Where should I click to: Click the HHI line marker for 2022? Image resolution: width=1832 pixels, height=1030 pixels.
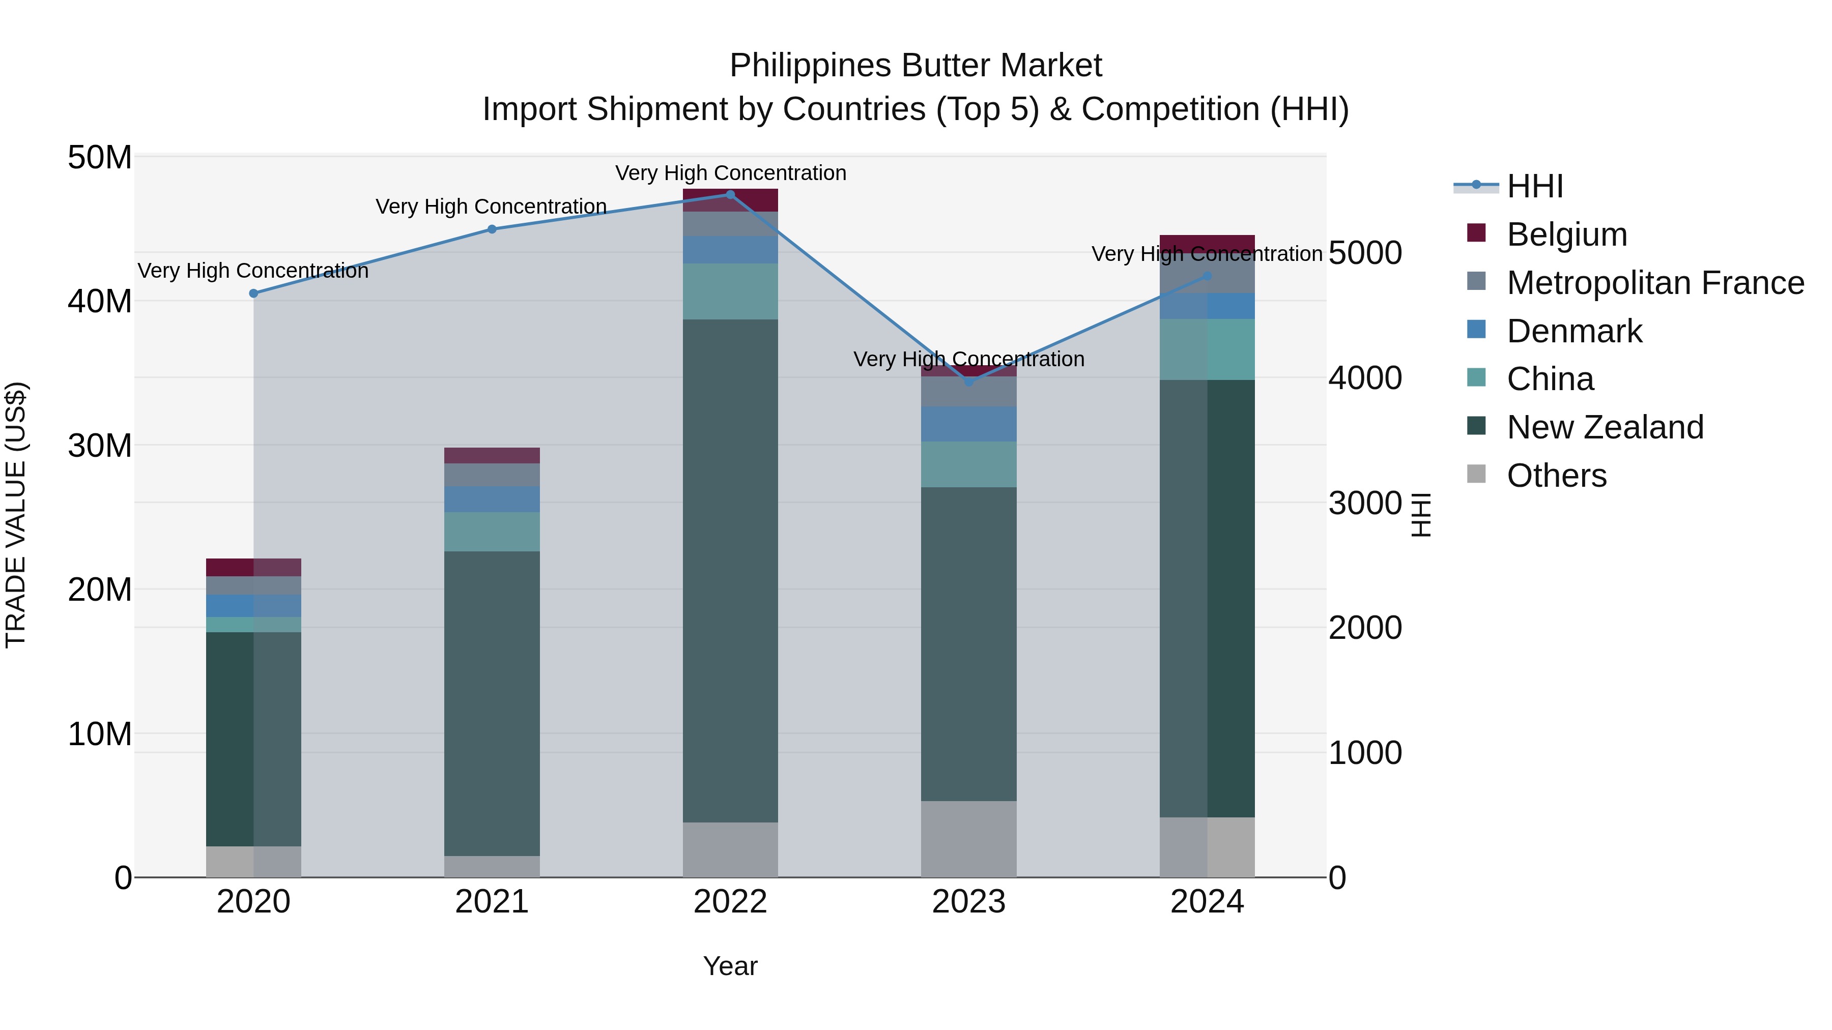(x=730, y=195)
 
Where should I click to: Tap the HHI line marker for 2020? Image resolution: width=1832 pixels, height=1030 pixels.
(x=254, y=293)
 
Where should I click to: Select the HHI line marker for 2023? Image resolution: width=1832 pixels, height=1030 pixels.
(x=968, y=381)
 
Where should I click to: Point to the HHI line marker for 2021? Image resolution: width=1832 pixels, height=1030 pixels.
(x=492, y=229)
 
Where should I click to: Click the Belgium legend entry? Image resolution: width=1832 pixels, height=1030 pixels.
(x=1566, y=234)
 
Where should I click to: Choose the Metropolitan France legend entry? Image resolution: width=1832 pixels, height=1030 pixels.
(x=1655, y=283)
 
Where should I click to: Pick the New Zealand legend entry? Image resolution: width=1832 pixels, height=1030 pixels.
(x=1605, y=427)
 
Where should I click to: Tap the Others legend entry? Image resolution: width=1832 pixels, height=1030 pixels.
(x=1556, y=476)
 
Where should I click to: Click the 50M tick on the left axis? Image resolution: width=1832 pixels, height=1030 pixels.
(x=100, y=157)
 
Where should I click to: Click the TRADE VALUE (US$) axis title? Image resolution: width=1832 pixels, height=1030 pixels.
(x=16, y=515)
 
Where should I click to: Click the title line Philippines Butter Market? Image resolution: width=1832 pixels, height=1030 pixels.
(x=915, y=66)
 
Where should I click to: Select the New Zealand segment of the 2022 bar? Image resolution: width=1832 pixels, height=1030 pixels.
(x=730, y=569)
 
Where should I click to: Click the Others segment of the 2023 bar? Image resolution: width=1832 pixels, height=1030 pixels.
(x=968, y=839)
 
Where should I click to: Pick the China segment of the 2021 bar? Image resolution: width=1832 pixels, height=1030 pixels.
(x=492, y=532)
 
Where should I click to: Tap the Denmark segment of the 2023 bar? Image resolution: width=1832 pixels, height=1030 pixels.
(x=968, y=424)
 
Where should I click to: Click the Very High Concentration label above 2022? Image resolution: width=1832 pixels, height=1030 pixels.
(x=730, y=173)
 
